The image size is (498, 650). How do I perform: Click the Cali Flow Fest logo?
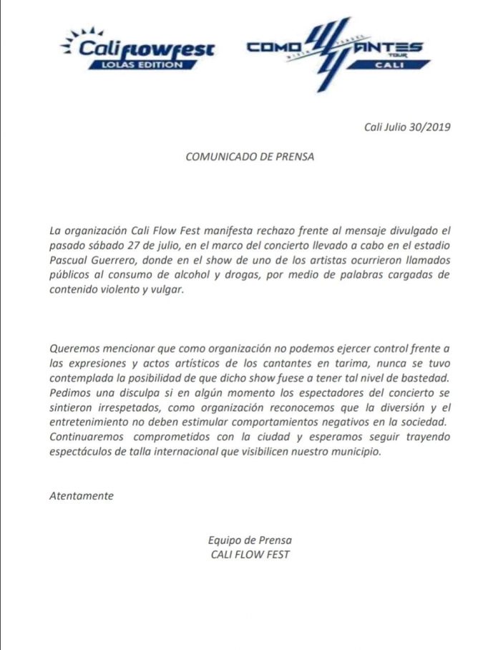click(x=137, y=49)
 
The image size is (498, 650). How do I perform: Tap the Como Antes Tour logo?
click(x=335, y=52)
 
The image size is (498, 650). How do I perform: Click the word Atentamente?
click(x=81, y=495)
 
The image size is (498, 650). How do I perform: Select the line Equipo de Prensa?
click(x=249, y=540)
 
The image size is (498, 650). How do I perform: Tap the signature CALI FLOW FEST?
click(x=250, y=554)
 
